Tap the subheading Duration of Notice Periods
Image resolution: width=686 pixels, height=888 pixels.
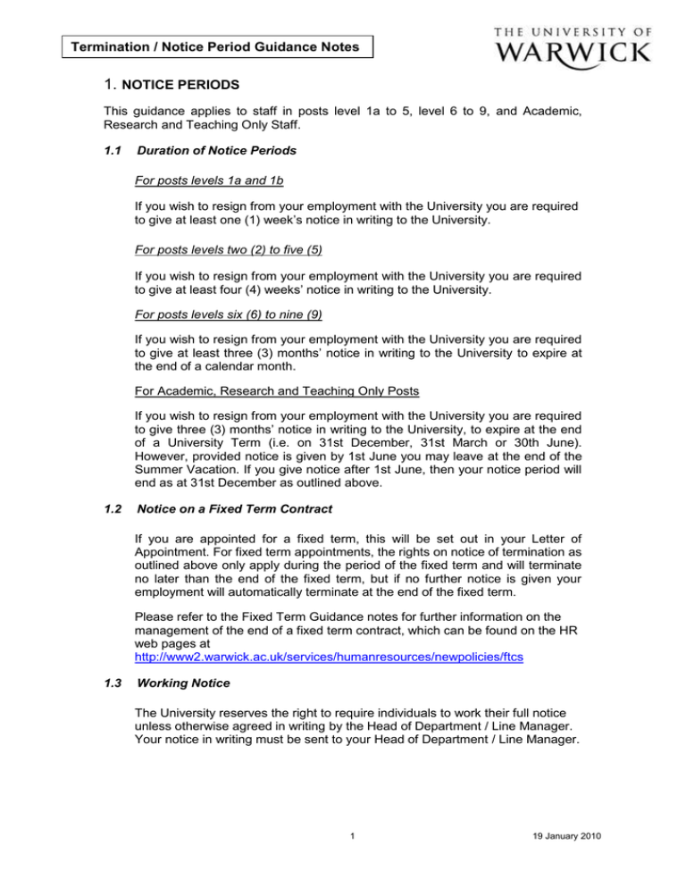click(217, 152)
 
